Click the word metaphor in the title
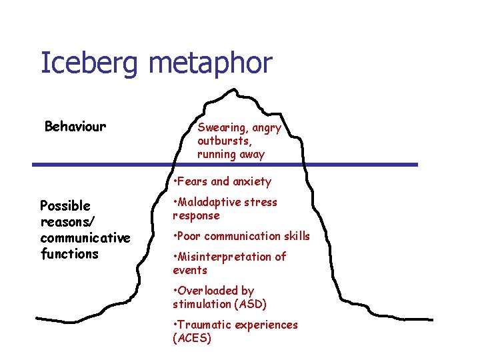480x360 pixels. click(x=211, y=64)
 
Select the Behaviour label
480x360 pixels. click(x=75, y=126)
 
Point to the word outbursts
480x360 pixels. click(x=223, y=141)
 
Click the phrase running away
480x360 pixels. click(x=231, y=154)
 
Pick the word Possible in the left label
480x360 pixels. click(x=65, y=205)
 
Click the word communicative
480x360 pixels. click(x=85, y=237)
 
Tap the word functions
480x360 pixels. click(x=69, y=253)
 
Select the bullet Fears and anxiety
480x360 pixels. click(x=222, y=181)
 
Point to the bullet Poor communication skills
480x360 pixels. click(x=241, y=236)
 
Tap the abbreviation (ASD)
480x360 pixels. click(x=249, y=305)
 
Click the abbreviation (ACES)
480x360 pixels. click(x=192, y=339)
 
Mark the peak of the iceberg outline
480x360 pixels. click(x=234, y=89)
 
